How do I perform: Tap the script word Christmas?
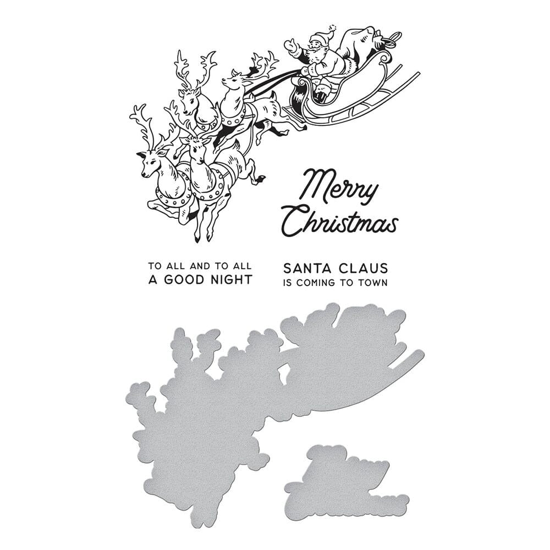[x=341, y=223]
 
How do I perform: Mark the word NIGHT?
[x=232, y=279]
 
